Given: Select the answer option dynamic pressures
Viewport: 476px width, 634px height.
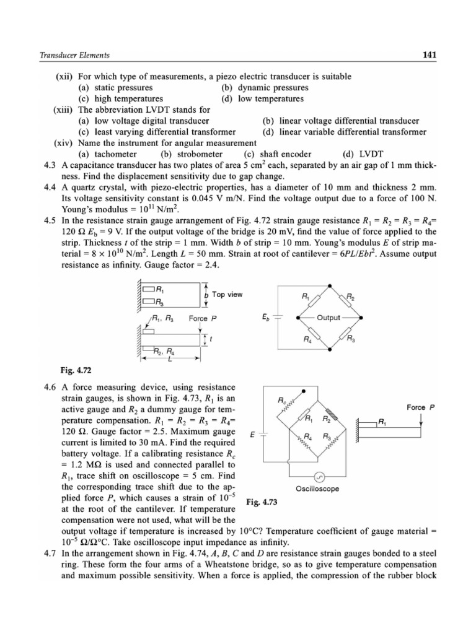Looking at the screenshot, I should pyautogui.click(x=265, y=87).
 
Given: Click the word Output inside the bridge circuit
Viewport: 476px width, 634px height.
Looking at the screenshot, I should pyautogui.click(x=328, y=318).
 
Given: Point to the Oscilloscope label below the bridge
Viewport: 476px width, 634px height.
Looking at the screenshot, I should pyautogui.click(x=319, y=489).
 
